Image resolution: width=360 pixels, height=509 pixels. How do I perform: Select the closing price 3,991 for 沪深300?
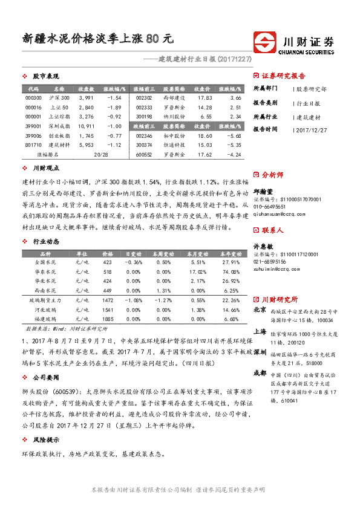(x=87, y=97)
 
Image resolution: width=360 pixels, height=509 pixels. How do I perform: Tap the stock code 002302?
(x=144, y=97)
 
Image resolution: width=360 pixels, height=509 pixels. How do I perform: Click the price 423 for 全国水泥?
(x=108, y=262)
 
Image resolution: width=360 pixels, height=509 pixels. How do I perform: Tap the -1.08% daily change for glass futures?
(x=134, y=300)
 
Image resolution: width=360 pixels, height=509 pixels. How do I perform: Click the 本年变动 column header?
(x=231, y=253)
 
